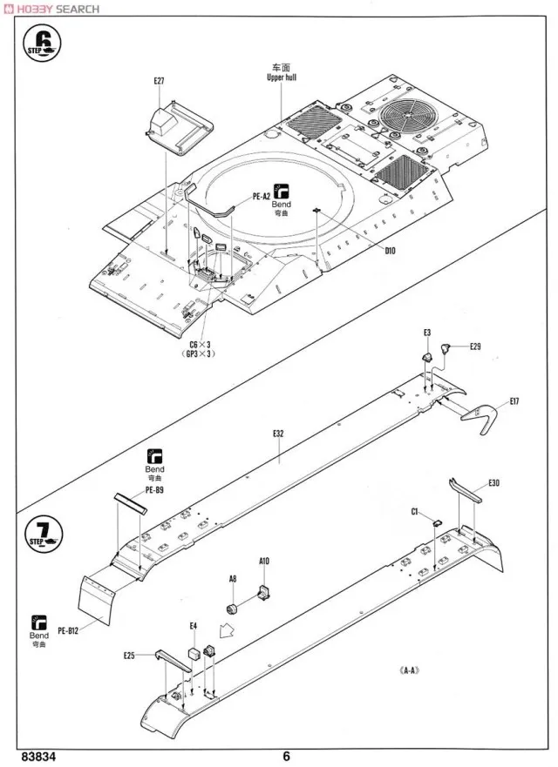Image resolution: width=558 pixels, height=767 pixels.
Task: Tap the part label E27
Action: [158, 81]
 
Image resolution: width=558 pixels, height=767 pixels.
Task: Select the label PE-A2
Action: [260, 197]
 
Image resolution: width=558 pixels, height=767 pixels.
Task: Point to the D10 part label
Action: [390, 251]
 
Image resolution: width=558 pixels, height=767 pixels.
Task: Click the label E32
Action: [278, 433]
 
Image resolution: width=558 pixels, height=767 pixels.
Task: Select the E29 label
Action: [475, 346]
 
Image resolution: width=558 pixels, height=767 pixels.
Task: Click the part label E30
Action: [494, 483]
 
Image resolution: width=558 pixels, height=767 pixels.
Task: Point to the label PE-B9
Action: [155, 490]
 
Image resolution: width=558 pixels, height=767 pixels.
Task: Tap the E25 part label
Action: [129, 656]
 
